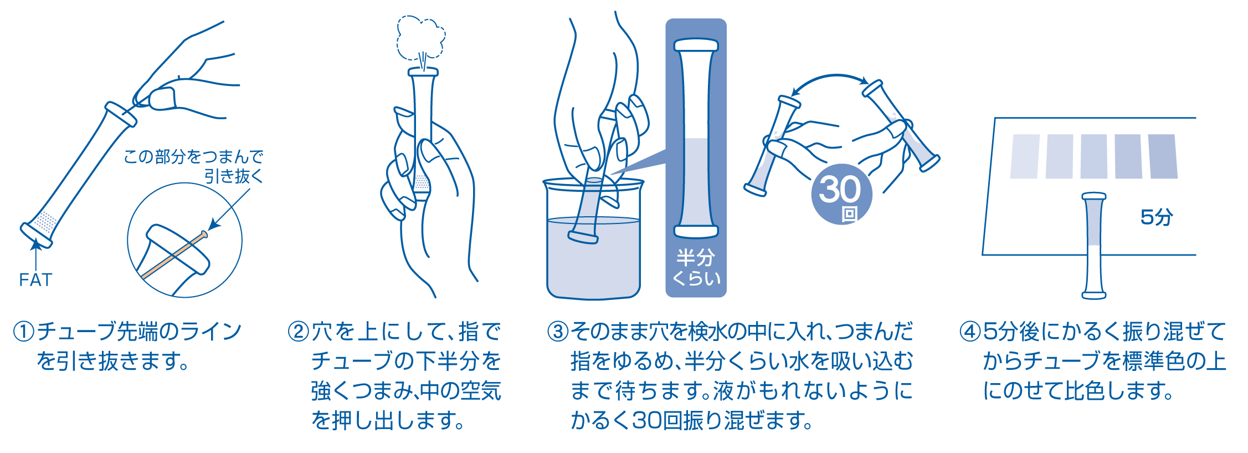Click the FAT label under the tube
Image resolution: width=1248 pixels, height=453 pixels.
pyautogui.click(x=35, y=280)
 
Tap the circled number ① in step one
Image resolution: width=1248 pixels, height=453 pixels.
pyautogui.click(x=24, y=332)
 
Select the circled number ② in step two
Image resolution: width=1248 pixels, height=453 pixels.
pyautogui.click(x=299, y=332)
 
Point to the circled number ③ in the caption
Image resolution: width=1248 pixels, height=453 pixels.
pyautogui.click(x=558, y=332)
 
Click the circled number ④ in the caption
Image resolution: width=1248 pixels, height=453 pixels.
pyautogui.click(x=970, y=332)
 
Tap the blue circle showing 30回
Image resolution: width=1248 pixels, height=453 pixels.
pyautogui.click(x=841, y=195)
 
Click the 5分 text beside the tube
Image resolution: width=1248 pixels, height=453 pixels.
pyautogui.click(x=1156, y=217)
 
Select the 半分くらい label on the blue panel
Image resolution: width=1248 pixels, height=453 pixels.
pyautogui.click(x=696, y=267)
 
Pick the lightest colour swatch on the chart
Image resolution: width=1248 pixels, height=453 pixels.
pyautogui.click(x=1025, y=156)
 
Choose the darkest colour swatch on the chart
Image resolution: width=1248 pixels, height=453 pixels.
pyautogui.click(x=1163, y=156)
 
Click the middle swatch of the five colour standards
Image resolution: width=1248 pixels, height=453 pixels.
pyautogui.click(x=1093, y=156)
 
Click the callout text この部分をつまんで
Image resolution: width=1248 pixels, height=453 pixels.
pyautogui.click(x=193, y=157)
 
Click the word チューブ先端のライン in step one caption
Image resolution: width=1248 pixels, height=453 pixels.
pyautogui.click(x=138, y=332)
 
